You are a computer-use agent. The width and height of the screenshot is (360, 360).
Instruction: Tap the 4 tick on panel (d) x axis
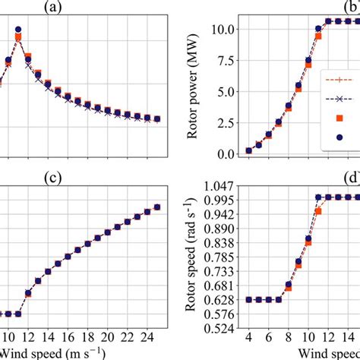(248, 336)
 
